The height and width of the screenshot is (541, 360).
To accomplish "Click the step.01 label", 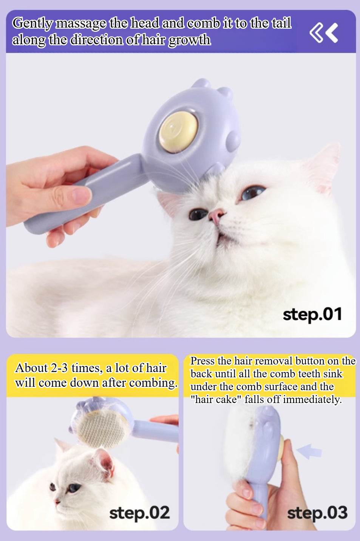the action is [x=312, y=315].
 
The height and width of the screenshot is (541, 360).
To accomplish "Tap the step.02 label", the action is [x=139, y=513].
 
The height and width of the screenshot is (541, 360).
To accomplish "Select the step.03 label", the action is [x=317, y=513].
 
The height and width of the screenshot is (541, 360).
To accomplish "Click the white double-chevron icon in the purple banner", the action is [x=324, y=33].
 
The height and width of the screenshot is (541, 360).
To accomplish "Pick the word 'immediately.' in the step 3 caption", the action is [x=312, y=400].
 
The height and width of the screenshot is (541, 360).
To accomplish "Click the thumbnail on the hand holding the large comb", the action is [x=82, y=194].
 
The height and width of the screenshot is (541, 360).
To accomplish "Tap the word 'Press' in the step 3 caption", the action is [x=202, y=361].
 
